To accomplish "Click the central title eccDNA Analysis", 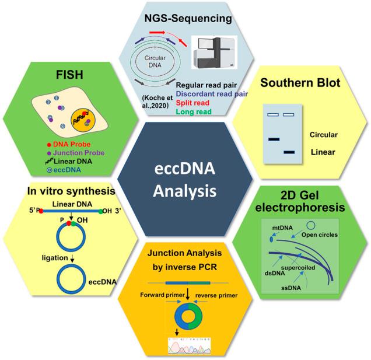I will (185, 180).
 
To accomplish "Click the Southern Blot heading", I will (300, 83).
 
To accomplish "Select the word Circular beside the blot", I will (324, 135).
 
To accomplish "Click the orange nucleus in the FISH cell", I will (83, 122).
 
